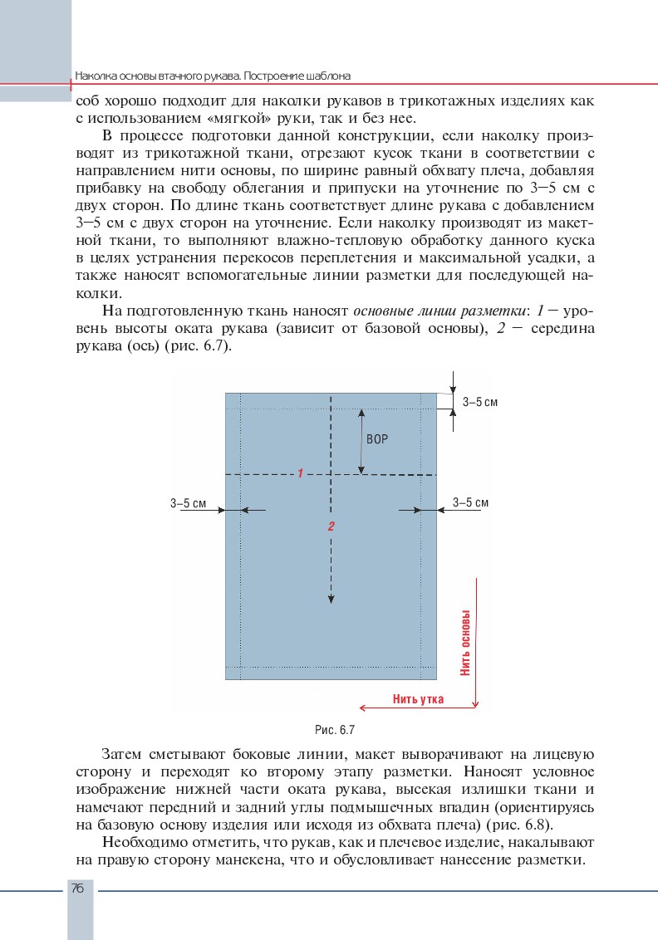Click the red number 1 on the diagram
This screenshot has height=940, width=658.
(299, 472)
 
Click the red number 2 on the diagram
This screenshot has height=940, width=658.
(331, 526)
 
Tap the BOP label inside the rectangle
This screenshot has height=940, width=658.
(377, 439)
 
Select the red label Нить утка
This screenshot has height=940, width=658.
(418, 699)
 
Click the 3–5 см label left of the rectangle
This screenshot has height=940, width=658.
(188, 503)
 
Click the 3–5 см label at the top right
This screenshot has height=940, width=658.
(480, 402)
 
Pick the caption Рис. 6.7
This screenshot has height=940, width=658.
(335, 731)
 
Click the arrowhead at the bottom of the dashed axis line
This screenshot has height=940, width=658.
(331, 600)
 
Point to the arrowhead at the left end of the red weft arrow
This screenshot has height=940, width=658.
(362, 707)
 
